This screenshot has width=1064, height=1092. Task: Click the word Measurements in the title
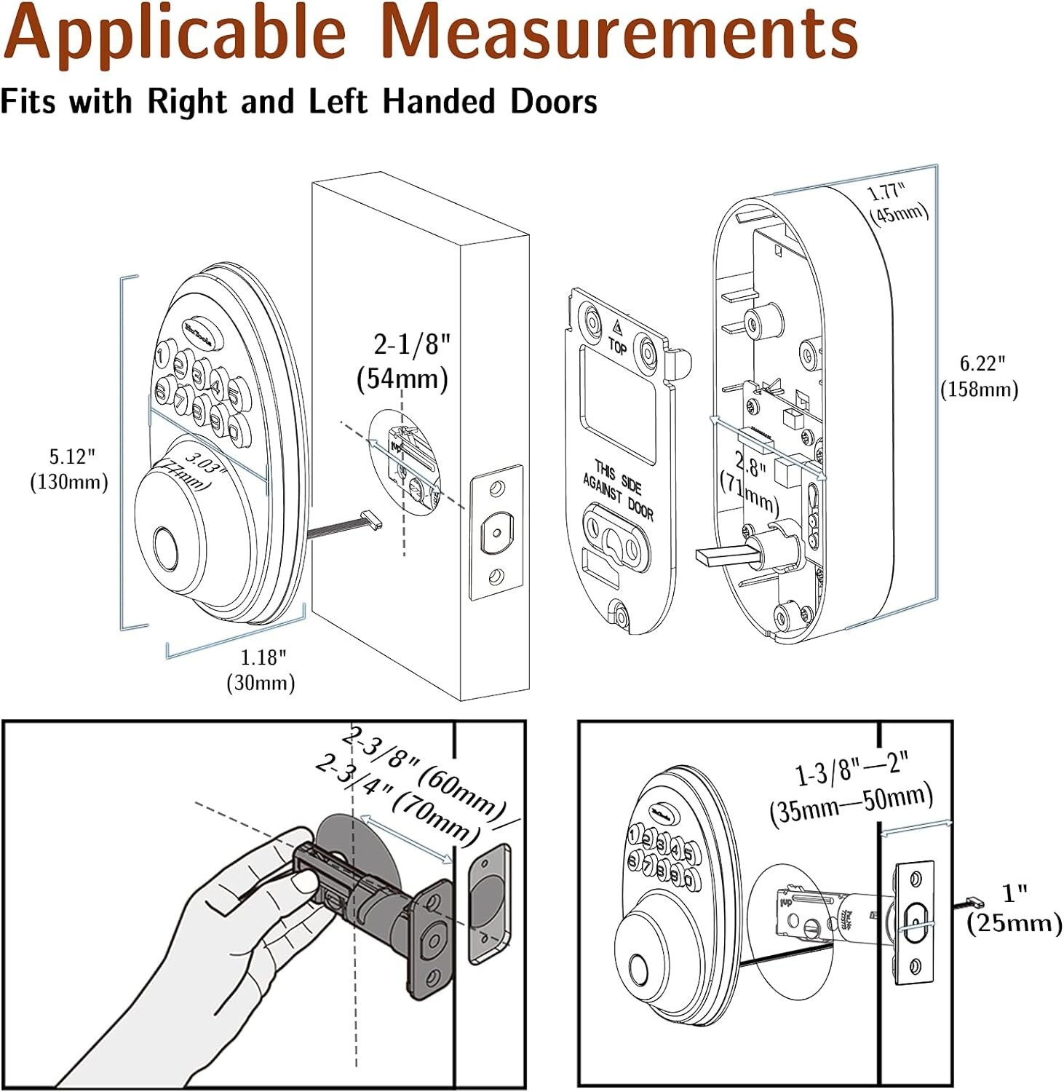(619, 34)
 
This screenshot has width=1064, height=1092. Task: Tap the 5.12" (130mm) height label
(68, 470)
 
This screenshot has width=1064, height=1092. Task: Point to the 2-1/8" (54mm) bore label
(404, 361)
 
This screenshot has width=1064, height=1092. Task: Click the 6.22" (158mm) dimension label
(979, 376)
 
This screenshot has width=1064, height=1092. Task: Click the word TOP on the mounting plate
(617, 347)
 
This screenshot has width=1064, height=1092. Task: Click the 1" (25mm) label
(1014, 908)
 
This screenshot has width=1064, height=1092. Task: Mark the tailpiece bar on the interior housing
(724, 555)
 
